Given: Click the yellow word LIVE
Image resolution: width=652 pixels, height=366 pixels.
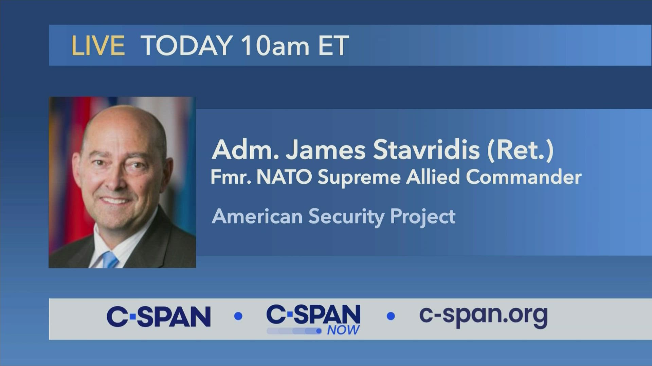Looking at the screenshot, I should click(98, 45).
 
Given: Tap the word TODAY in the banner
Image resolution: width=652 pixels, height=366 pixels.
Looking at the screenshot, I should click(186, 45).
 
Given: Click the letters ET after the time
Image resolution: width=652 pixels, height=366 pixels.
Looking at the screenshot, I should click(333, 45).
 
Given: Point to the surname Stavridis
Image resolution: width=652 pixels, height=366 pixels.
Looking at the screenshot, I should click(426, 150).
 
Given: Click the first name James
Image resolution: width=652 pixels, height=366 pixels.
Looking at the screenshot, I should click(325, 150).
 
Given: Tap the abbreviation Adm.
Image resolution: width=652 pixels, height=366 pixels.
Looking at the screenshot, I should click(245, 150).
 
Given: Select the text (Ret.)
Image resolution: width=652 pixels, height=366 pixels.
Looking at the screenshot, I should click(520, 150).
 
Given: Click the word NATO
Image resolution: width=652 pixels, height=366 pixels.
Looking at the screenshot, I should click(284, 177).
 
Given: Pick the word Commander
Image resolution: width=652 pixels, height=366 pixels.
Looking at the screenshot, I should click(523, 177).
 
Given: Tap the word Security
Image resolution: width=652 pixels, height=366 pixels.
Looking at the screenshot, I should click(346, 217).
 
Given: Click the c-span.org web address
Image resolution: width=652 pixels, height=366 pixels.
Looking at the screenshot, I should click(483, 316).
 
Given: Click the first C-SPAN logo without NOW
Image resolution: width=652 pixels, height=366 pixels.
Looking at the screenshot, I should click(159, 317).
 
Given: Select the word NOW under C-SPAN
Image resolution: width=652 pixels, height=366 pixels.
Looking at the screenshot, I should click(343, 330).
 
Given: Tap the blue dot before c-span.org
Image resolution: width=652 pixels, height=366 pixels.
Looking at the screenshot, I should click(391, 316).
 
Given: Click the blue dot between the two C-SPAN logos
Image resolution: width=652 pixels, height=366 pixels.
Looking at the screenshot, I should click(238, 316).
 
